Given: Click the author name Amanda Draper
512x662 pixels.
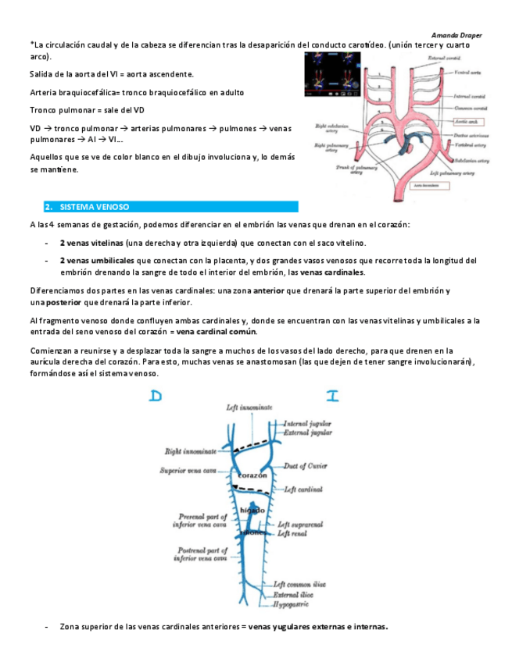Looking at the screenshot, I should [457, 35].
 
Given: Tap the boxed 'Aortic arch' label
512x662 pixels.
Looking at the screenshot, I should [468, 123].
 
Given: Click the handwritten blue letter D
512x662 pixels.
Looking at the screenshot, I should [156, 397].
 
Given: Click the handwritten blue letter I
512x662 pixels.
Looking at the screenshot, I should [332, 397].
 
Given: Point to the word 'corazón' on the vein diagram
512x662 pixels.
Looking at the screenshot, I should [252, 475].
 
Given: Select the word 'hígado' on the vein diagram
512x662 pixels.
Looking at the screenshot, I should [252, 510].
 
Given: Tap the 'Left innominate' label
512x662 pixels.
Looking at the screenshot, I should [249, 408].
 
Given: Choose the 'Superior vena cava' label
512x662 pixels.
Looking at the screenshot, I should [188, 471].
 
